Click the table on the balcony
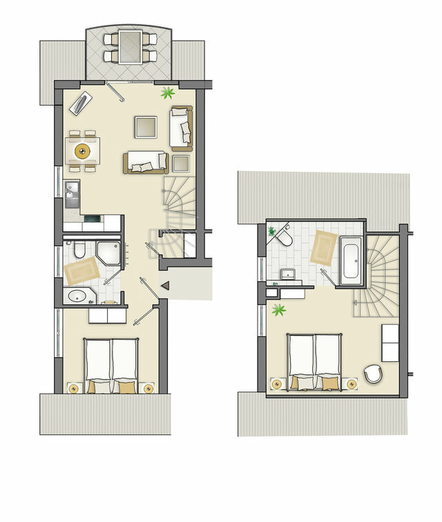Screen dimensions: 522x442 (x=129, y=46)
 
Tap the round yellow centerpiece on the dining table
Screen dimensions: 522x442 (x=83, y=149)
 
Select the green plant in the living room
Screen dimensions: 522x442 (x=167, y=93)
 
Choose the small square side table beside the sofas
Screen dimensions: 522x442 (x=181, y=164)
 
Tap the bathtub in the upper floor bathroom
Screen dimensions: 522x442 (x=349, y=260)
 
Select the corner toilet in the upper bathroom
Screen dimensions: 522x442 (x=284, y=238)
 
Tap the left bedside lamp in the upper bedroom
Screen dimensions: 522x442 (x=277, y=383)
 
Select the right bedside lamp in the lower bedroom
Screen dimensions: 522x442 (x=149, y=387)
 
